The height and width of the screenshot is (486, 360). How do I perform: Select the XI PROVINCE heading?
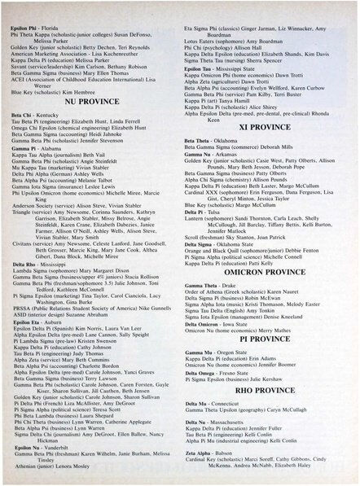coord(266,128)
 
